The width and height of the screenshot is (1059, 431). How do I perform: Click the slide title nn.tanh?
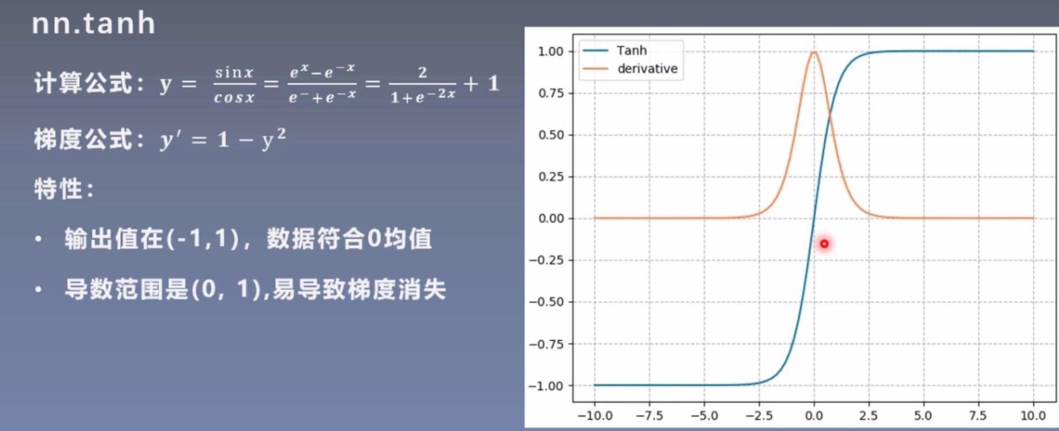point(94,23)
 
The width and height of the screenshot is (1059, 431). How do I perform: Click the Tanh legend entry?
point(631,50)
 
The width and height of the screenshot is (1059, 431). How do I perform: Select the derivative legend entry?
point(647,68)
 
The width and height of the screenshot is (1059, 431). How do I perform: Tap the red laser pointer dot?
point(824,243)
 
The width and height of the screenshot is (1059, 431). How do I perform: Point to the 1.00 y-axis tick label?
point(550,51)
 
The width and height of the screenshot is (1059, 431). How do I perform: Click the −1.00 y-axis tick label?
point(546,386)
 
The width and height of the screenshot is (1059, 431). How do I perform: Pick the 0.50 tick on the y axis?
point(550,135)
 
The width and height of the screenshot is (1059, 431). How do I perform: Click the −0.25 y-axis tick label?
point(546,260)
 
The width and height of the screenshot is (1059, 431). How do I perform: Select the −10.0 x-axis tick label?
point(594,416)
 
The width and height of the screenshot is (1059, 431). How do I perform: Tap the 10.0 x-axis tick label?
point(1033,416)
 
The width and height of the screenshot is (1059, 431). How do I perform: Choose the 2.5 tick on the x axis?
point(868,416)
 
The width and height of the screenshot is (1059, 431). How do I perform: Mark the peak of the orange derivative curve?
point(814,52)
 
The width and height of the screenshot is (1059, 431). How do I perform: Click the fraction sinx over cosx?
point(234,84)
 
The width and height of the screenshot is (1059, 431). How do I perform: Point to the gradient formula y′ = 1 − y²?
point(223,139)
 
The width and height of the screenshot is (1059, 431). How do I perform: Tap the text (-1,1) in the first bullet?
point(202,238)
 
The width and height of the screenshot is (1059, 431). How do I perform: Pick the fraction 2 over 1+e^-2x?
point(422,84)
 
